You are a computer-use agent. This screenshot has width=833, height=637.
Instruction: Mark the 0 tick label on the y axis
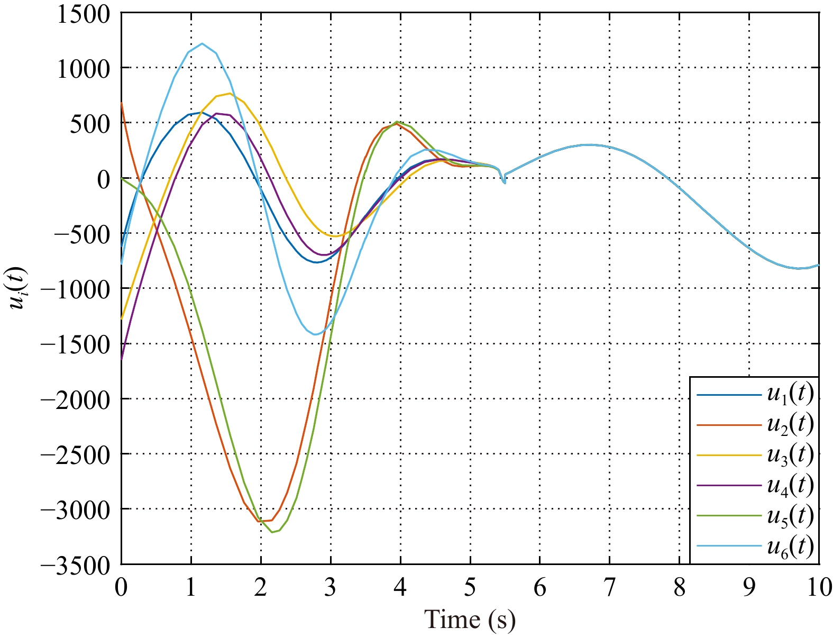tap(103, 178)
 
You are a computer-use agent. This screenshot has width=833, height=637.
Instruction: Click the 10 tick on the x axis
tap(819, 588)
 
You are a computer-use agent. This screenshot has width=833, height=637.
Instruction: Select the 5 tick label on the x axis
tap(470, 588)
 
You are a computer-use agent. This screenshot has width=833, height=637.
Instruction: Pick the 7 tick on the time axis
tap(610, 588)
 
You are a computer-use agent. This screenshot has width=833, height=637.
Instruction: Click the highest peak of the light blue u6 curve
tap(202, 43)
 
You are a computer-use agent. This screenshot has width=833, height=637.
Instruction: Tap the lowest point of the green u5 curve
tap(272, 532)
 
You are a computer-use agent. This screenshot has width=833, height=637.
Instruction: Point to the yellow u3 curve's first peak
tap(230, 94)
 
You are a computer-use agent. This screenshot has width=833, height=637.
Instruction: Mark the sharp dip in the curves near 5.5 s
tap(504, 183)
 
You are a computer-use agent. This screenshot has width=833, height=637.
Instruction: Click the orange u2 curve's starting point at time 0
tap(122, 103)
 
